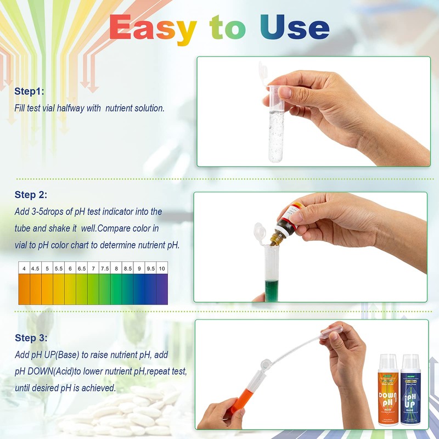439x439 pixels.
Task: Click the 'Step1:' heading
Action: pos(30,91)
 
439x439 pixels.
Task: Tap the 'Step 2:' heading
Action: pos(31,194)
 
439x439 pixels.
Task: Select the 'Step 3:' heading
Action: pos(31,338)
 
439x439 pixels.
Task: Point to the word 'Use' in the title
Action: pos(295,27)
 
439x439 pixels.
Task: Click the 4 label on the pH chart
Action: pos(24,268)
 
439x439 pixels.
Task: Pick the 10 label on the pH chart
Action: pos(162,268)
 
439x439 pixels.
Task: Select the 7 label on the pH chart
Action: pos(93,268)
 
